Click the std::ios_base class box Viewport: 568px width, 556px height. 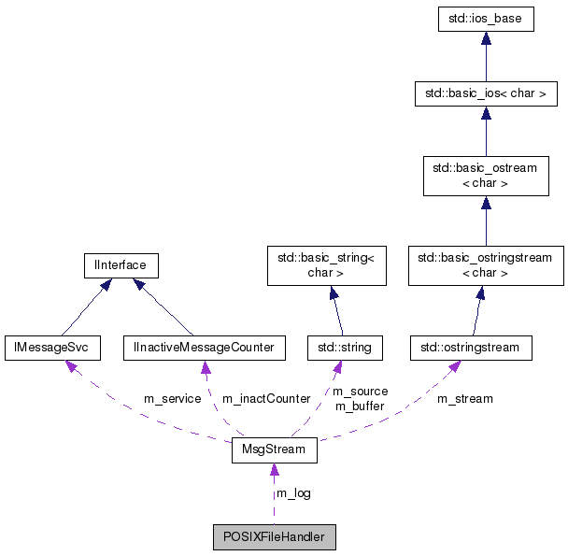(485, 20)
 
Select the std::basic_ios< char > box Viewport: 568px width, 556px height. (485, 93)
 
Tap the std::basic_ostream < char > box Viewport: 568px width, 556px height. (485, 176)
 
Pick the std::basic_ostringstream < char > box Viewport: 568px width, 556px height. (485, 265)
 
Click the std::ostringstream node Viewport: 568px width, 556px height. (471, 348)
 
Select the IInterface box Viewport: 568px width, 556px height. (120, 265)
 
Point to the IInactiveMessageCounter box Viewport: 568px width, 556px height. (204, 348)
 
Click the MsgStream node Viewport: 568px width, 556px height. (274, 451)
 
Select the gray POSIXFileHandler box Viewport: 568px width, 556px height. (274, 537)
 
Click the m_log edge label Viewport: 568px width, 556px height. (293, 493)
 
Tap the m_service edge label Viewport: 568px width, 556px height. (172, 399)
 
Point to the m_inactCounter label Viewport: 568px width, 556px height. (265, 399)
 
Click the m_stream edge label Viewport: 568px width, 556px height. (464, 399)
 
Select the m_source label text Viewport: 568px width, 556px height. (360, 392)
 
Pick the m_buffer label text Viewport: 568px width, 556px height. (360, 406)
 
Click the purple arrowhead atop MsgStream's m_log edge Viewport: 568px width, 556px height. (274, 470)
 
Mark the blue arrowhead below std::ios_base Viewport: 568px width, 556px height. (485, 39)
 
